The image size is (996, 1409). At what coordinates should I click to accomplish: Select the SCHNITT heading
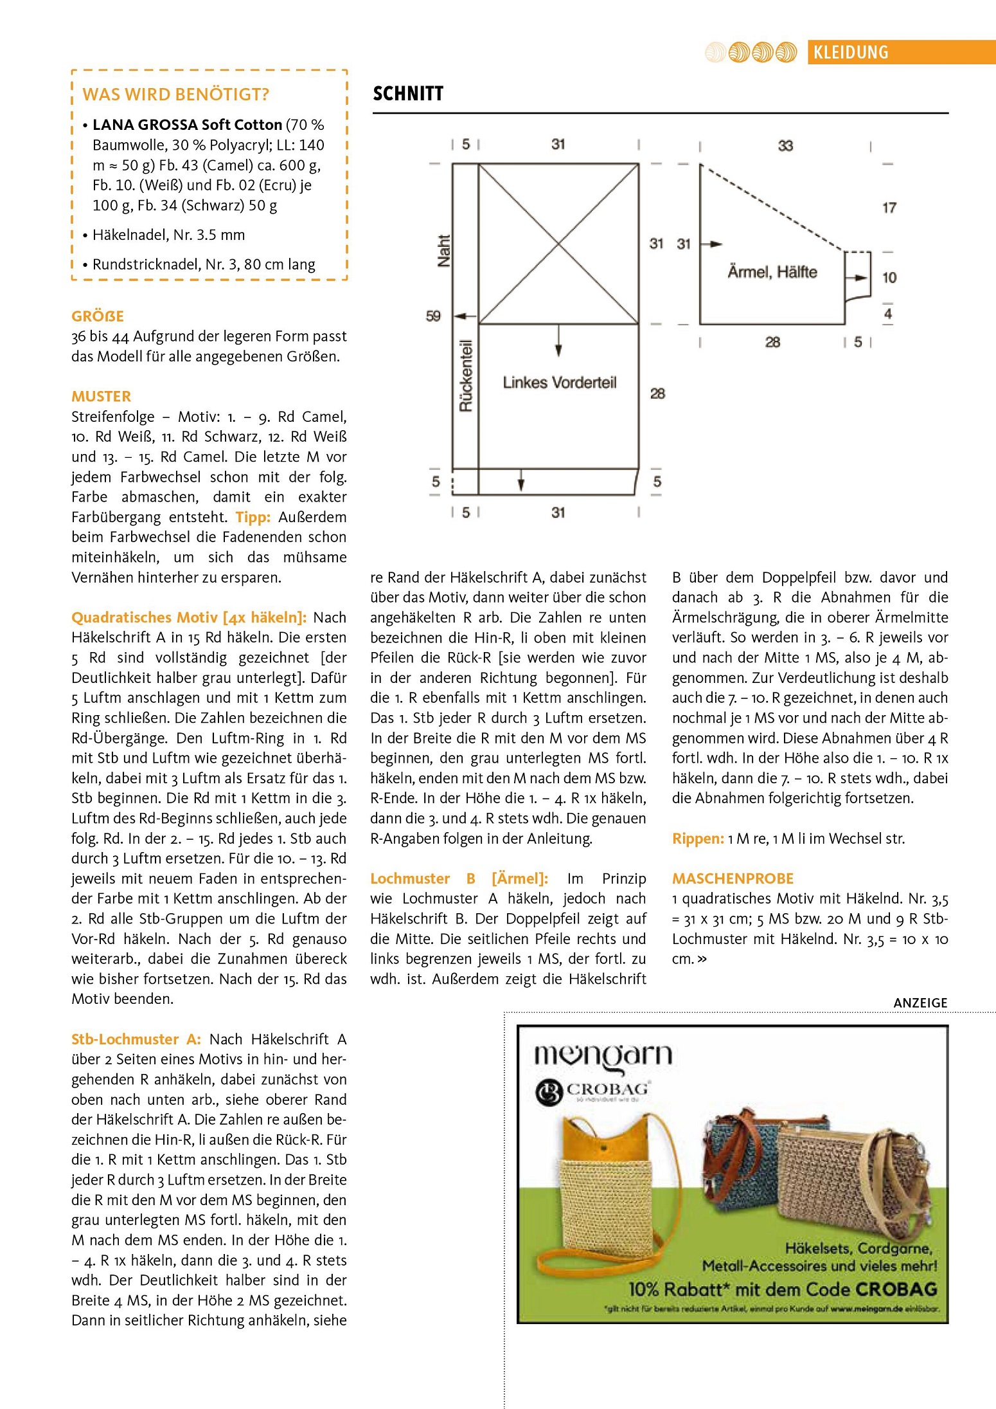tap(408, 94)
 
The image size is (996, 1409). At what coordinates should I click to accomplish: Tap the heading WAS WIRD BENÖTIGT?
tap(175, 95)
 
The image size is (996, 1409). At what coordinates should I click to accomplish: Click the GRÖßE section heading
tap(98, 316)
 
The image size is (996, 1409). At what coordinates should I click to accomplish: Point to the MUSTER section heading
tap(101, 396)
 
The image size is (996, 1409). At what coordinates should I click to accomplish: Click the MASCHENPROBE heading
tap(733, 878)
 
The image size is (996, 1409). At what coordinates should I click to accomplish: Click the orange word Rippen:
tap(698, 839)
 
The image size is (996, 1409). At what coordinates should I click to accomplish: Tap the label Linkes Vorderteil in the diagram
tap(559, 383)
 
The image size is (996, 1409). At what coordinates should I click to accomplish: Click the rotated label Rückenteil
tap(465, 376)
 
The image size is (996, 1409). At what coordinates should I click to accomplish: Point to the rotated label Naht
tap(443, 251)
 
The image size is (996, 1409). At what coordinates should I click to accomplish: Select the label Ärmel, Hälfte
tap(772, 272)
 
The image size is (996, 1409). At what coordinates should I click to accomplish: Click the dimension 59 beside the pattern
tap(433, 316)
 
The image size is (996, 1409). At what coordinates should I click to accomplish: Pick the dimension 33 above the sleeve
tap(785, 146)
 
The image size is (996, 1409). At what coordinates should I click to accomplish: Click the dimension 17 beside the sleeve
tap(889, 208)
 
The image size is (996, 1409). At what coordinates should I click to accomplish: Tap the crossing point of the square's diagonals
tap(558, 244)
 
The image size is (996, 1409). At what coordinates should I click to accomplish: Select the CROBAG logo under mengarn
tap(592, 1092)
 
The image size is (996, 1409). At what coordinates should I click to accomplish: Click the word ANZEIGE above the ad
tap(920, 1003)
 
